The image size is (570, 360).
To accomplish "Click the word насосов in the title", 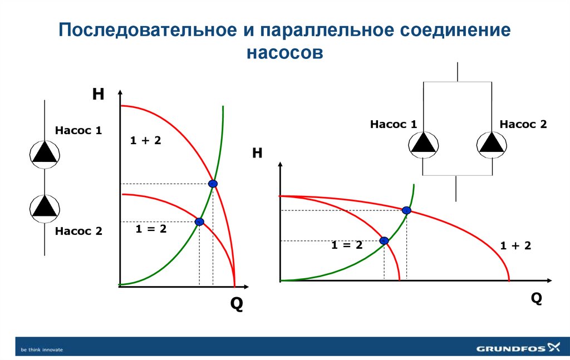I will pyautogui.click(x=285, y=53).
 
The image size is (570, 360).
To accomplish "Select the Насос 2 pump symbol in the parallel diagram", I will pyautogui.click(x=491, y=143).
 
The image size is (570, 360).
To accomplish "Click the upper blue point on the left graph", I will pyautogui.click(x=212, y=184).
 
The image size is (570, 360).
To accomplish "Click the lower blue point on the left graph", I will pyautogui.click(x=199, y=221).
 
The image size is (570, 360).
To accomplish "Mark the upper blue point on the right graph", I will pyautogui.click(x=406, y=210).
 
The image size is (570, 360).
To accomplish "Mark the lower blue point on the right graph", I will pyautogui.click(x=384, y=240).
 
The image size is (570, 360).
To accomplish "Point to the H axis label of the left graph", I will pyautogui.click(x=98, y=95).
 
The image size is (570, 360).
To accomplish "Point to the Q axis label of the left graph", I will pyautogui.click(x=237, y=305).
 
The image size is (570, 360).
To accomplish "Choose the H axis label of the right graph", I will pyautogui.click(x=257, y=154).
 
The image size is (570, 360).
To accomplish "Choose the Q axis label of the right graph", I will pyautogui.click(x=536, y=299).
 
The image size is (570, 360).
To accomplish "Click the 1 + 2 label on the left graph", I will pyautogui.click(x=145, y=141).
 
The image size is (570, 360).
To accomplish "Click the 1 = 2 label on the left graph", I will pyautogui.click(x=151, y=228).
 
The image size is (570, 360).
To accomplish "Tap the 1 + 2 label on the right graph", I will pyautogui.click(x=515, y=245).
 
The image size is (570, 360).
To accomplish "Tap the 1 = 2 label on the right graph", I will pyautogui.click(x=347, y=245).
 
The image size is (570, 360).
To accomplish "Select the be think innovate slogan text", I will pyautogui.click(x=42, y=349).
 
